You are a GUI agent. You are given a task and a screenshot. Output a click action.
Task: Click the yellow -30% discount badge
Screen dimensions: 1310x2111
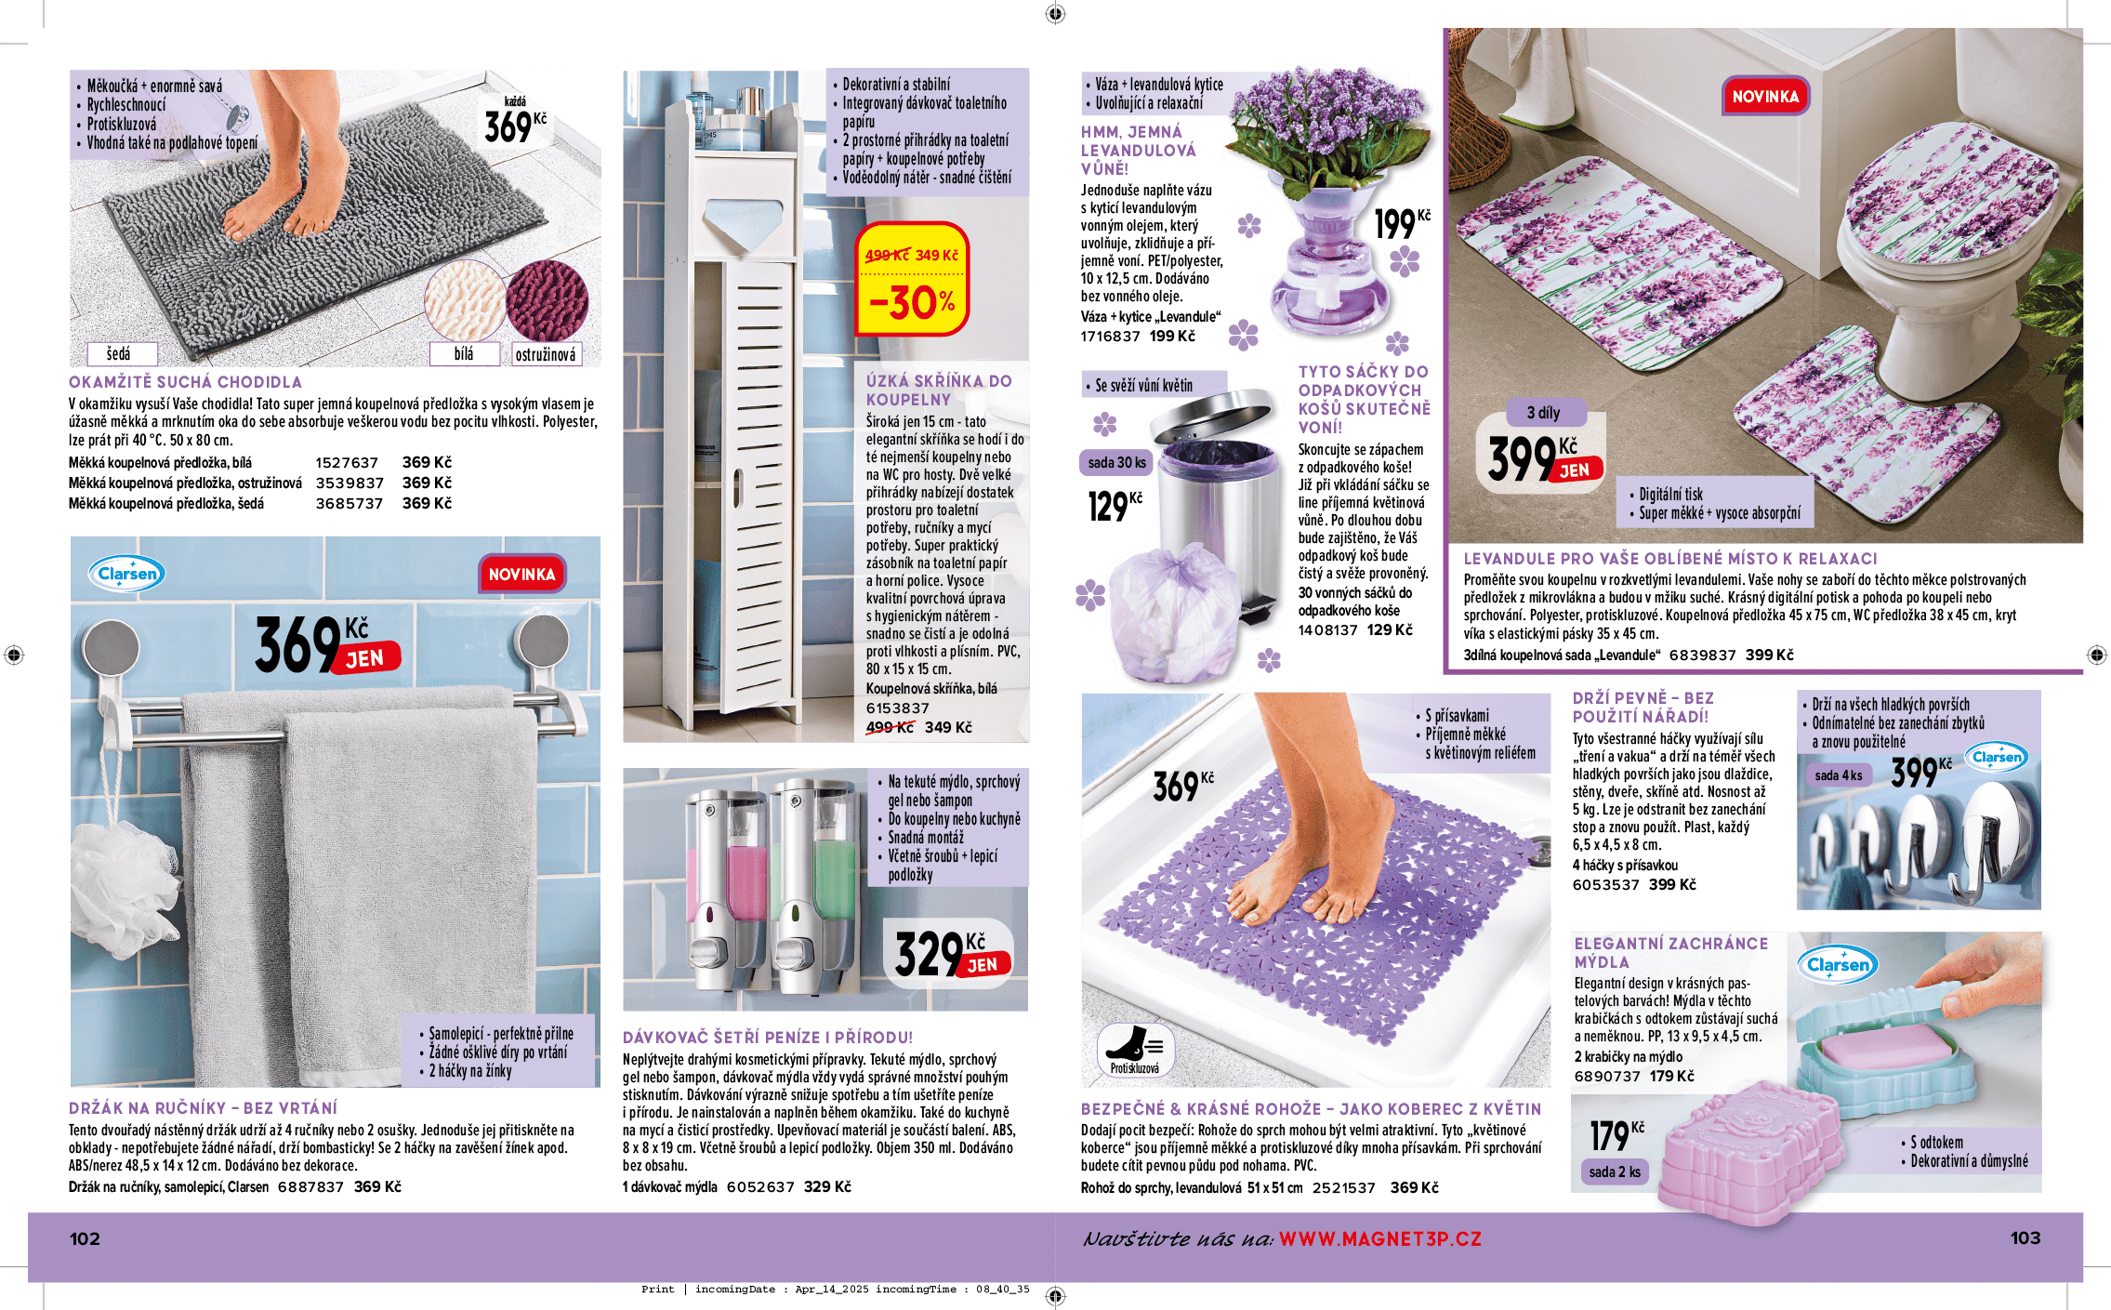[912, 280]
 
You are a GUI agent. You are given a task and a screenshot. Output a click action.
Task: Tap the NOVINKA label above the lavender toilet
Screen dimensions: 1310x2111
[1765, 97]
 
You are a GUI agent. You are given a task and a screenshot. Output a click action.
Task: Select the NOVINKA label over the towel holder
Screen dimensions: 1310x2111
[521, 575]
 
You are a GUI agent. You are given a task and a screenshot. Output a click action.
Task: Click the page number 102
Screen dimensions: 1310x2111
[85, 1238]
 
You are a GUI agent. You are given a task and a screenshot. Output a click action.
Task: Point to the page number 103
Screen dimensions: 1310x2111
[2025, 1237]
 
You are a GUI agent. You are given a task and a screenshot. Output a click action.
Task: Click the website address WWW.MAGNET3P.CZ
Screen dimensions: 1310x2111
[1379, 1239]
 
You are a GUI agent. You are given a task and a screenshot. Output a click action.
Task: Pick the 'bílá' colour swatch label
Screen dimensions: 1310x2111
[463, 354]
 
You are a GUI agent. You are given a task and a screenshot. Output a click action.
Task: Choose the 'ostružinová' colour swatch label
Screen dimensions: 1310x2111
[546, 354]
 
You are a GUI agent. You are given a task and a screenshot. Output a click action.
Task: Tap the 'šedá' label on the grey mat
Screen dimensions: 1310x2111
[119, 354]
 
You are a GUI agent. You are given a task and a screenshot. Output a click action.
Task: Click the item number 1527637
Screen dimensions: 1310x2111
[347, 463]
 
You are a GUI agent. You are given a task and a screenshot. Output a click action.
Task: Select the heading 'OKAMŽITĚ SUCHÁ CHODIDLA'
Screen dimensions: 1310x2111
[185, 382]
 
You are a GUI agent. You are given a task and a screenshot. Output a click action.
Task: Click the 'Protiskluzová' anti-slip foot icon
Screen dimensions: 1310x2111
[1135, 1050]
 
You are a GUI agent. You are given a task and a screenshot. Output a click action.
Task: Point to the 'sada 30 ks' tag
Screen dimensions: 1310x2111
[1116, 463]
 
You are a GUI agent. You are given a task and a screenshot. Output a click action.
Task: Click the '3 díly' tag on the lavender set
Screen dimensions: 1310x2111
[1543, 413]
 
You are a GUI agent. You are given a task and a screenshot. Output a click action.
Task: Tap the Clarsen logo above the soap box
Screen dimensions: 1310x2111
[1838, 965]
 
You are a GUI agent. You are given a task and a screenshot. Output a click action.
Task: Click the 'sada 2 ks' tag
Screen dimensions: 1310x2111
[1615, 1171]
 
